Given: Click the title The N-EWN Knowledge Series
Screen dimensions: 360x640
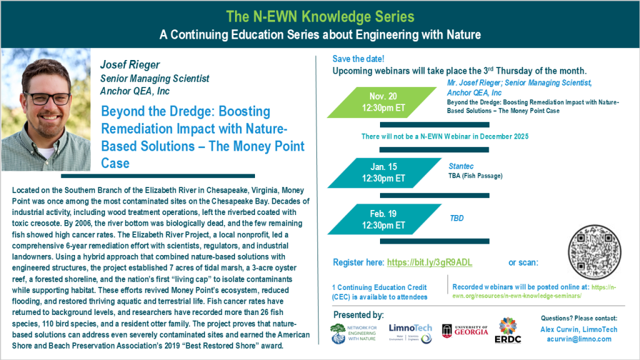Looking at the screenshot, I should click(x=319, y=15).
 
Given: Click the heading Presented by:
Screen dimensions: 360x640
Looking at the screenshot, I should click(x=359, y=314).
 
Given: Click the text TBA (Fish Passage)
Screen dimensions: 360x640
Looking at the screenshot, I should click(x=476, y=176).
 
